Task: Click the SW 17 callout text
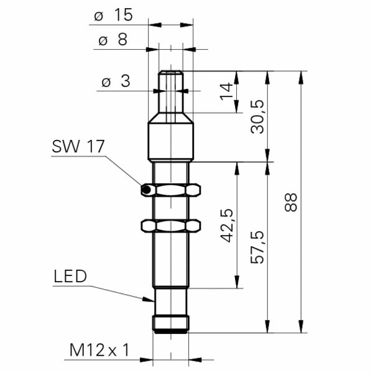tap(78, 147)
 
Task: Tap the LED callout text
tap(70, 277)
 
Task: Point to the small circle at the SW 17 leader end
tap(145, 189)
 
